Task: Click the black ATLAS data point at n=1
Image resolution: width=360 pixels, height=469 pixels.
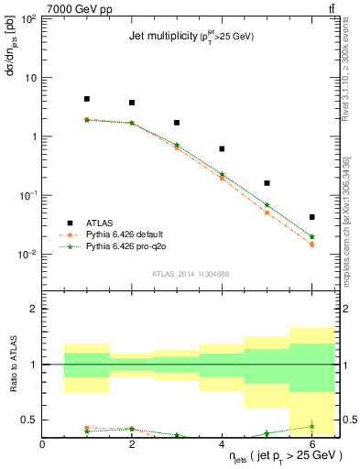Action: (87, 99)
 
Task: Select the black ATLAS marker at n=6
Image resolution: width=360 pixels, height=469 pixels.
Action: (312, 217)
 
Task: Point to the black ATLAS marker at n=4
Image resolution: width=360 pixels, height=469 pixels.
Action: (222, 148)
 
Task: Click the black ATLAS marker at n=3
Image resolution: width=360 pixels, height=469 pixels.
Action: (177, 123)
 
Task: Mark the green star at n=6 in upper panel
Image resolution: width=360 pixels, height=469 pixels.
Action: (312, 236)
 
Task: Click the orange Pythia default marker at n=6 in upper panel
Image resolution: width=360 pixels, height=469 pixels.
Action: (312, 245)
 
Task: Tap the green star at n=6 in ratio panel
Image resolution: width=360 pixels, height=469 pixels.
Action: (312, 426)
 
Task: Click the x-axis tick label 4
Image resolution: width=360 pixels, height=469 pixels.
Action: (223, 444)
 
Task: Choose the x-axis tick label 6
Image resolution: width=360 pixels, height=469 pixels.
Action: (312, 444)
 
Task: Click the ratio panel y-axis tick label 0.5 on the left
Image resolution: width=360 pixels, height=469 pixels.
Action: (32, 420)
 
